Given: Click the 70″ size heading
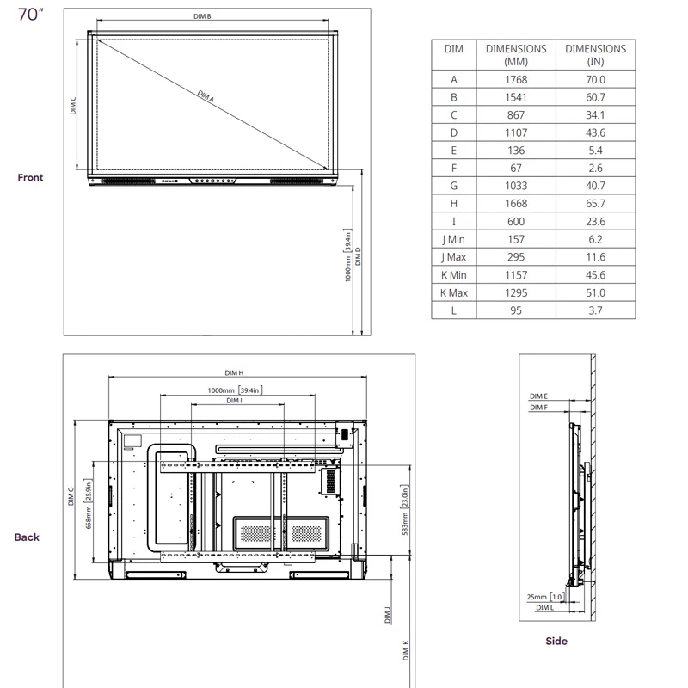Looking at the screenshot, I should [x=29, y=17].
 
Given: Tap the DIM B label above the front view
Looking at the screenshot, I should [x=215, y=17].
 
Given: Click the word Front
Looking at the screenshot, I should [x=30, y=177].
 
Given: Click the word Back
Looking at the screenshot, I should [x=27, y=537].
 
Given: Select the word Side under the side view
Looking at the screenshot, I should [x=556, y=641].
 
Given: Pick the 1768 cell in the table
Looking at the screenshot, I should [x=516, y=79].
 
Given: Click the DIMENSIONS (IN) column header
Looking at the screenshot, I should [x=595, y=55].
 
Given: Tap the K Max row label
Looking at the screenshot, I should [x=453, y=292].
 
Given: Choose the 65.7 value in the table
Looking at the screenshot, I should [x=595, y=204].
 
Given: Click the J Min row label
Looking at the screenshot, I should [x=453, y=239].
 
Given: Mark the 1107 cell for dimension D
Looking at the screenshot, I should [x=516, y=132].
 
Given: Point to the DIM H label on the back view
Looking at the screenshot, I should [x=234, y=373].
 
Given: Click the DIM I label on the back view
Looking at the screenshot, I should [x=234, y=401].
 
